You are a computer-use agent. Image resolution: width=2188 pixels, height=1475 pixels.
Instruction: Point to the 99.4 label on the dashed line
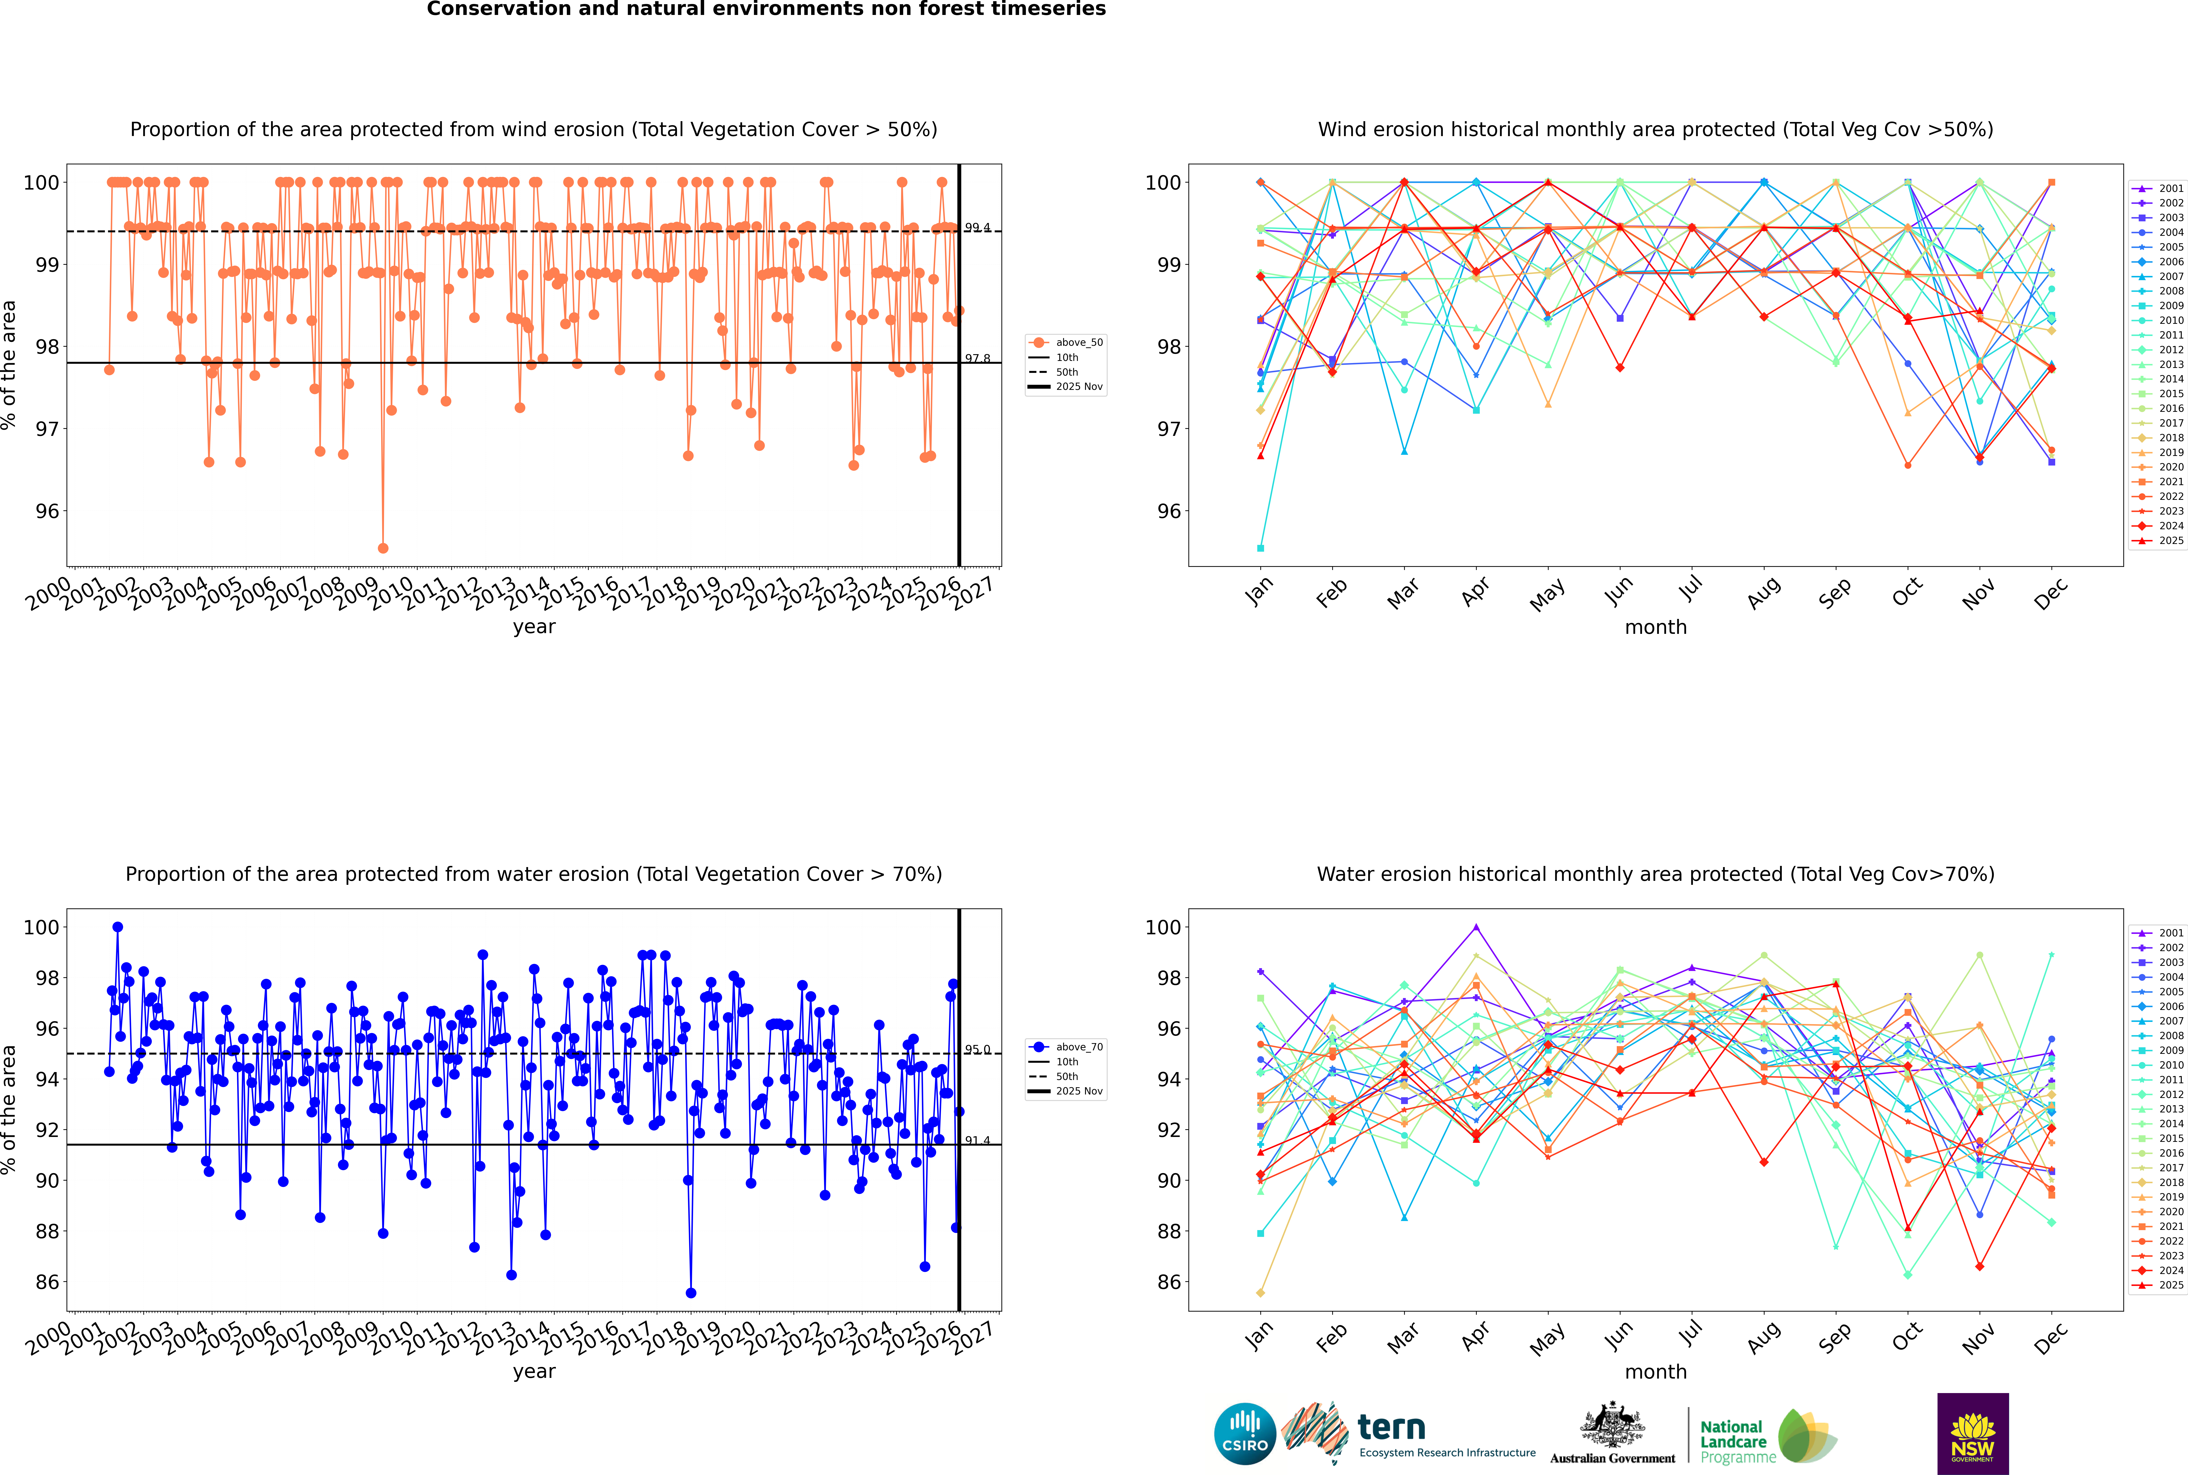[x=976, y=228]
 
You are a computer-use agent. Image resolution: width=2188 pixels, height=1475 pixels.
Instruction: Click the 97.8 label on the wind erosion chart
[x=976, y=358]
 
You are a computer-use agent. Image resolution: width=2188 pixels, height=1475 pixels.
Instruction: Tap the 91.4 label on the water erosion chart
[x=976, y=1140]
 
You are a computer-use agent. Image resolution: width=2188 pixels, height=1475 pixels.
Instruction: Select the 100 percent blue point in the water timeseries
[x=118, y=928]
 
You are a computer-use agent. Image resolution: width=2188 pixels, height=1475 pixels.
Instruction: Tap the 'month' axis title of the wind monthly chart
[x=1656, y=628]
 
